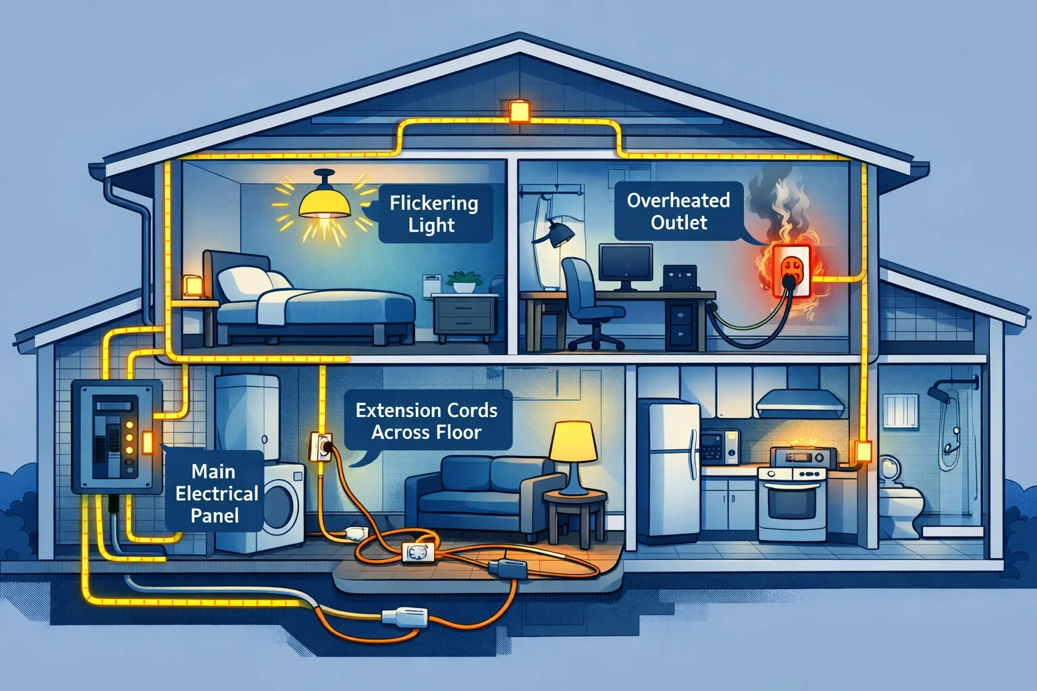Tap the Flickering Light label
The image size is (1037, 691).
point(433,213)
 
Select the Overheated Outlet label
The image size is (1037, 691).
point(679,211)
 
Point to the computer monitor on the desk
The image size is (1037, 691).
point(626,262)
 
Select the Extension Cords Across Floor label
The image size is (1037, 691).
point(427,420)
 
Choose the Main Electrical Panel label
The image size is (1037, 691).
point(216,493)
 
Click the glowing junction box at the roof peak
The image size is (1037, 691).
point(518,111)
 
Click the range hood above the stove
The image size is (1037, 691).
point(801,403)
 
